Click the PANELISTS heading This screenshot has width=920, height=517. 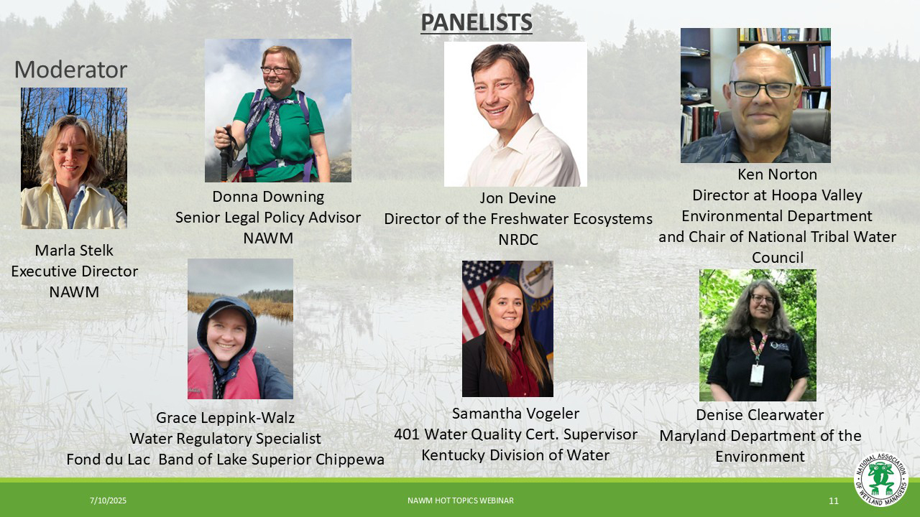tap(477, 22)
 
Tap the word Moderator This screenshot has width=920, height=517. tap(70, 70)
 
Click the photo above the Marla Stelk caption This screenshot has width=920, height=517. tap(74, 158)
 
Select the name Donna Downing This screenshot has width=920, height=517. tap(268, 197)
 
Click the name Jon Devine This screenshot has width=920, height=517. tap(517, 198)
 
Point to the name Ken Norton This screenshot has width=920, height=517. tap(777, 174)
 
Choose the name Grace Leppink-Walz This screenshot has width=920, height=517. tap(226, 418)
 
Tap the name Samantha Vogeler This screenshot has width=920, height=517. tap(515, 413)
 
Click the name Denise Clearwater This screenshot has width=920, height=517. tap(760, 415)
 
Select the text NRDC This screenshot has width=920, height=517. tap(518, 240)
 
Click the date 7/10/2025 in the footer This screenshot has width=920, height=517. tap(108, 500)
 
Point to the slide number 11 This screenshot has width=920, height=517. tap(833, 500)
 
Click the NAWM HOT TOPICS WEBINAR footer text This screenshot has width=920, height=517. tap(461, 500)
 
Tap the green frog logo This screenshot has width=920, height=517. tap(881, 479)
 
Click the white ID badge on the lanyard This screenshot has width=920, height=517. tap(757, 375)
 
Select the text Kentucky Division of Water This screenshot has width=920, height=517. tap(515, 455)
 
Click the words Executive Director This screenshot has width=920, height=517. tap(74, 271)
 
